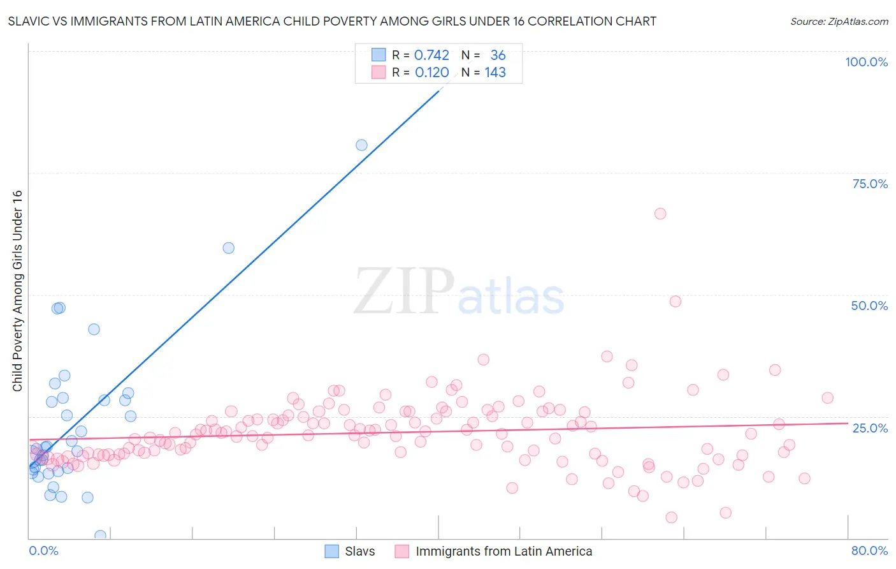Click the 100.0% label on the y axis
(866, 62)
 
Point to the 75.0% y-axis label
(870, 184)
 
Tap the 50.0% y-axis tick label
(869, 306)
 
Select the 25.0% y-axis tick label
(870, 427)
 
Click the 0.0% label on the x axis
(43, 551)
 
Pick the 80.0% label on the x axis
(869, 551)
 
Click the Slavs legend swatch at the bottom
(332, 551)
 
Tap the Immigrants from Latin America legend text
(503, 551)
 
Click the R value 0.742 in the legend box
(431, 55)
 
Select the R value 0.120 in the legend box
(431, 73)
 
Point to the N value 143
(495, 73)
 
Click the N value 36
(498, 55)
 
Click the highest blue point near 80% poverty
(361, 145)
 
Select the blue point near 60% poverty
(228, 248)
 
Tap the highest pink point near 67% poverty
(660, 214)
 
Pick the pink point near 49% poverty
(676, 301)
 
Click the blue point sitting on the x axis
(100, 535)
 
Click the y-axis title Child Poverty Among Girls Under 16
(17, 291)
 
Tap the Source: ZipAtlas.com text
(839, 22)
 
